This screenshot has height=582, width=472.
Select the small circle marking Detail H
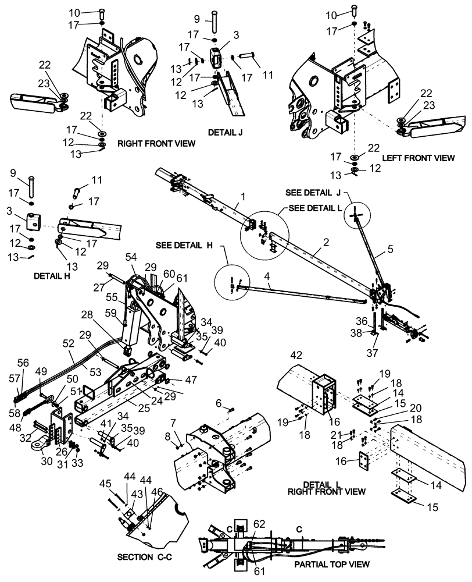point(233,286)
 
